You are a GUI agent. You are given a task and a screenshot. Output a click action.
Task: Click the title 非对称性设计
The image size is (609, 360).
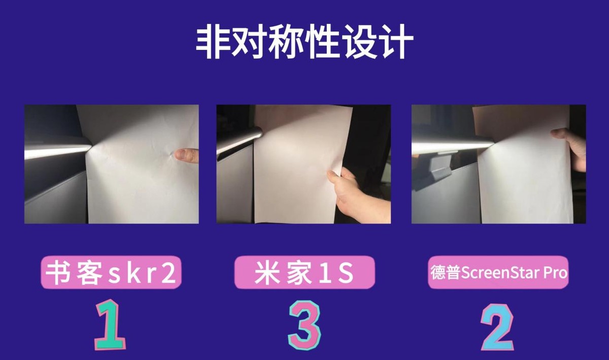click(304, 42)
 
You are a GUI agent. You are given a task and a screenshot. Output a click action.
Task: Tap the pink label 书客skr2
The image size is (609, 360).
click(111, 272)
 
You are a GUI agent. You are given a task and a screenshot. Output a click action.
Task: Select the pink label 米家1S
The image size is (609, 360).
click(304, 272)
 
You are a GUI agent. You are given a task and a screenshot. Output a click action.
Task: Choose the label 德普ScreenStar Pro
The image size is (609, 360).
click(498, 272)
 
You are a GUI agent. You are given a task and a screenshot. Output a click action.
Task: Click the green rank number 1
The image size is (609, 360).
click(110, 324)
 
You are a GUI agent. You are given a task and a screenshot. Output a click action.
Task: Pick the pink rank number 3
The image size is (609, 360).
click(304, 324)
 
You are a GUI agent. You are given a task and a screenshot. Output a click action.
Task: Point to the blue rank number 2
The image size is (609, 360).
click(497, 326)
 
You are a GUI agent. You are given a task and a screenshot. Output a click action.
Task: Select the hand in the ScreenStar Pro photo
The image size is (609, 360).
click(571, 148)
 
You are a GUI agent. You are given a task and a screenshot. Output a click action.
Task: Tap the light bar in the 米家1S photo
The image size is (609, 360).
click(239, 141)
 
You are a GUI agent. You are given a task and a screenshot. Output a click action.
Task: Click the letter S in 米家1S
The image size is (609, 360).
click(346, 273)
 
